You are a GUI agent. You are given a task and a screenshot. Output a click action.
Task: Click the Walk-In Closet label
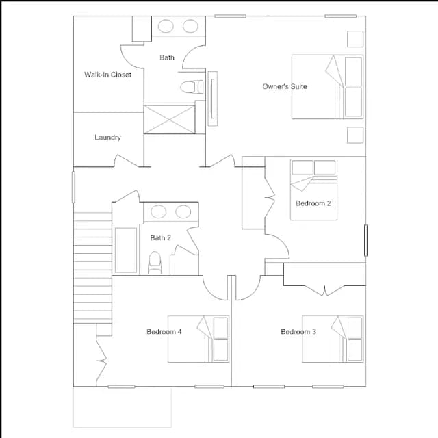pyautogui.click(x=108, y=75)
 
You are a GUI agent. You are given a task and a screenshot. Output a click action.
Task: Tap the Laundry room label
pyautogui.click(x=108, y=137)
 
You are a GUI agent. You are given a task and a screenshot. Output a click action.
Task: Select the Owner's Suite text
pyautogui.click(x=285, y=86)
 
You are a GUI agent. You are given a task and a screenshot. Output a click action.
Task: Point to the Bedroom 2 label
pyautogui.click(x=313, y=203)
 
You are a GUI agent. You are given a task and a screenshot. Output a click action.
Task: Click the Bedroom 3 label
pyautogui.click(x=298, y=331)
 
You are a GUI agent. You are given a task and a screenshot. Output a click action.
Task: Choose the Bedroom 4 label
pyautogui.click(x=164, y=331)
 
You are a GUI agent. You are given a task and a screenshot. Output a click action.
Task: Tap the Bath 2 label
pyautogui.click(x=160, y=237)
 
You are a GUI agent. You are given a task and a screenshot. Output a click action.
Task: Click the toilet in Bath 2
pyautogui.click(x=155, y=263)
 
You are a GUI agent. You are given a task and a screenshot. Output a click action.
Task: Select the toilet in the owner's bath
pyautogui.click(x=192, y=87)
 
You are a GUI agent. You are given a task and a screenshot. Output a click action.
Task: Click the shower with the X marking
pyautogui.click(x=169, y=118)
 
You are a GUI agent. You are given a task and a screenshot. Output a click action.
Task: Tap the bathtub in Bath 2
pyautogui.click(x=126, y=250)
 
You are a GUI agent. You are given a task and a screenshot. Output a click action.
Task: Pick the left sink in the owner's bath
pyautogui.click(x=166, y=26)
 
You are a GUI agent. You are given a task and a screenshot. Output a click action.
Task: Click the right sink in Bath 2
pyautogui.click(x=183, y=211)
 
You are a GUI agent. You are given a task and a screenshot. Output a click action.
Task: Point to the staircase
pyautogui.click(x=93, y=268)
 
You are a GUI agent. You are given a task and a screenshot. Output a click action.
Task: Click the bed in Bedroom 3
pyautogui.click(x=333, y=339)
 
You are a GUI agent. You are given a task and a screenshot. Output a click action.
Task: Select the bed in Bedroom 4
pyautogui.click(x=198, y=339)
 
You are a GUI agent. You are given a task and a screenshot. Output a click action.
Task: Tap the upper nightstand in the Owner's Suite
pyautogui.click(x=355, y=39)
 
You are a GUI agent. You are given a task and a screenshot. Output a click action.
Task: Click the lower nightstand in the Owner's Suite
pyautogui.click(x=355, y=135)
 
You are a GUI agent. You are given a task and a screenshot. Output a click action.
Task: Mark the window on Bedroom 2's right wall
pyautogui.click(x=365, y=240)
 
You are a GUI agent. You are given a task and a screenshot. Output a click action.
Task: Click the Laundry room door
pyautogui.click(x=127, y=162)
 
